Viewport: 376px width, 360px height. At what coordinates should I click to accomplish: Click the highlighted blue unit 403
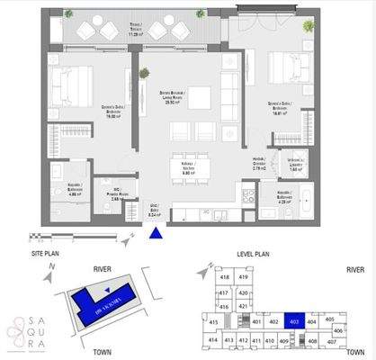[x=296, y=321]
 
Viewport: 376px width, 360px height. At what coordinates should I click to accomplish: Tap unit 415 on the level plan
[x=214, y=322]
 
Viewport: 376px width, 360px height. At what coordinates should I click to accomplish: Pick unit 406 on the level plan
[x=337, y=330]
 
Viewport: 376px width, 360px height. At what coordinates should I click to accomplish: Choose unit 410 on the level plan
[x=268, y=340]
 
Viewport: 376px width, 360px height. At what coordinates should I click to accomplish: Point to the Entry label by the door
[x=154, y=214]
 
